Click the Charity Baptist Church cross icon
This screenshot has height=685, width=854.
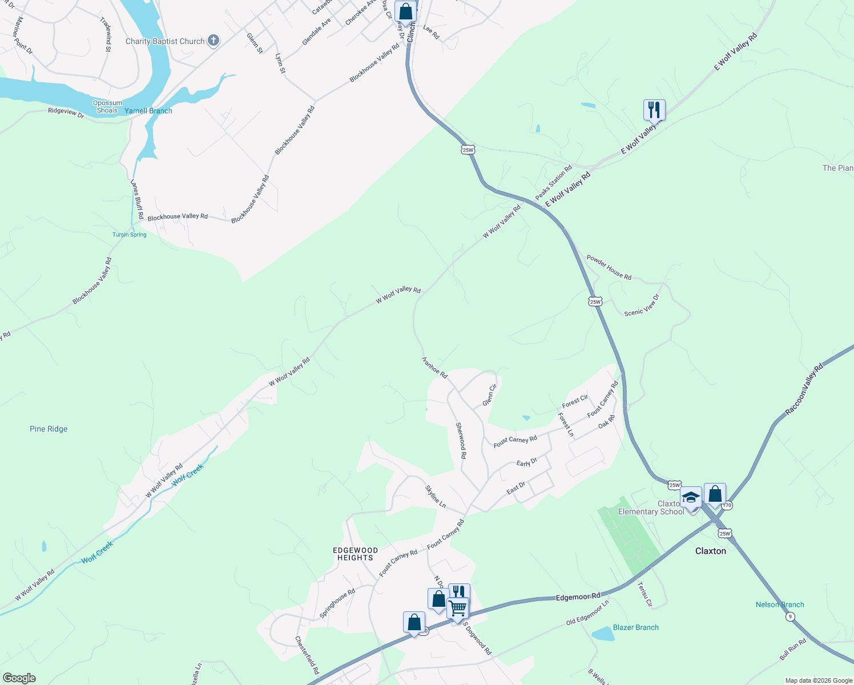tap(213, 41)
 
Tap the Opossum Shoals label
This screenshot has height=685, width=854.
tap(107, 107)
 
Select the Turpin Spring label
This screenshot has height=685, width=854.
tap(130, 235)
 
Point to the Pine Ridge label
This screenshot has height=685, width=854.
tap(49, 429)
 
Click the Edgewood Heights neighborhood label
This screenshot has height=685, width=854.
tap(355, 554)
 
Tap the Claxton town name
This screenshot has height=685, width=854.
tap(711, 551)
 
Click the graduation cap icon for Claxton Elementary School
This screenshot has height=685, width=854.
tap(691, 498)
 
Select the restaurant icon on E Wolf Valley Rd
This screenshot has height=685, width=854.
tap(654, 110)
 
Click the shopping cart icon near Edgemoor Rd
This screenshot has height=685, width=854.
tap(458, 609)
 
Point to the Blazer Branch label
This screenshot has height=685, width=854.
tap(635, 627)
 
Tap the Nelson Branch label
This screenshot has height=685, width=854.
tap(780, 605)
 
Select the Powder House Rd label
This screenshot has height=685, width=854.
tap(609, 267)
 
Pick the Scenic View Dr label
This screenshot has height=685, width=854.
tap(642, 305)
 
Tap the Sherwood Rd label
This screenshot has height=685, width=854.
tap(461, 441)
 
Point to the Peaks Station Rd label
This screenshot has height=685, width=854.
tap(554, 183)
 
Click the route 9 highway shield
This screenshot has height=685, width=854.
tap(789, 616)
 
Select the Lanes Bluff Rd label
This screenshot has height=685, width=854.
tap(137, 200)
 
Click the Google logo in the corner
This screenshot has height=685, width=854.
tap(19, 678)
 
